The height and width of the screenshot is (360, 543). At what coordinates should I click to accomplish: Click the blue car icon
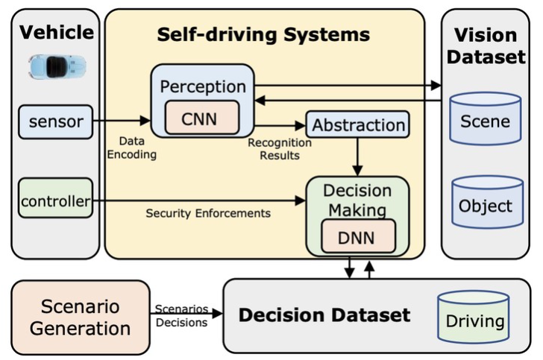point(53,67)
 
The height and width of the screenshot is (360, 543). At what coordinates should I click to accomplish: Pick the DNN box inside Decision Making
point(358,237)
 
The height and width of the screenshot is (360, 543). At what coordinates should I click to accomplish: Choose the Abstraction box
point(357,125)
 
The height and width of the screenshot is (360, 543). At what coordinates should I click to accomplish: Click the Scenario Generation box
point(81,317)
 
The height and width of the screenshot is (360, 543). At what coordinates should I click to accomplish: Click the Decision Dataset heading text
point(324,315)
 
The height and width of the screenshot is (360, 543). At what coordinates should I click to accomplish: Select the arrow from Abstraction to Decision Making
point(358,157)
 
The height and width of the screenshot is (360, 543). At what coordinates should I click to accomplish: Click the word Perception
point(203,86)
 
